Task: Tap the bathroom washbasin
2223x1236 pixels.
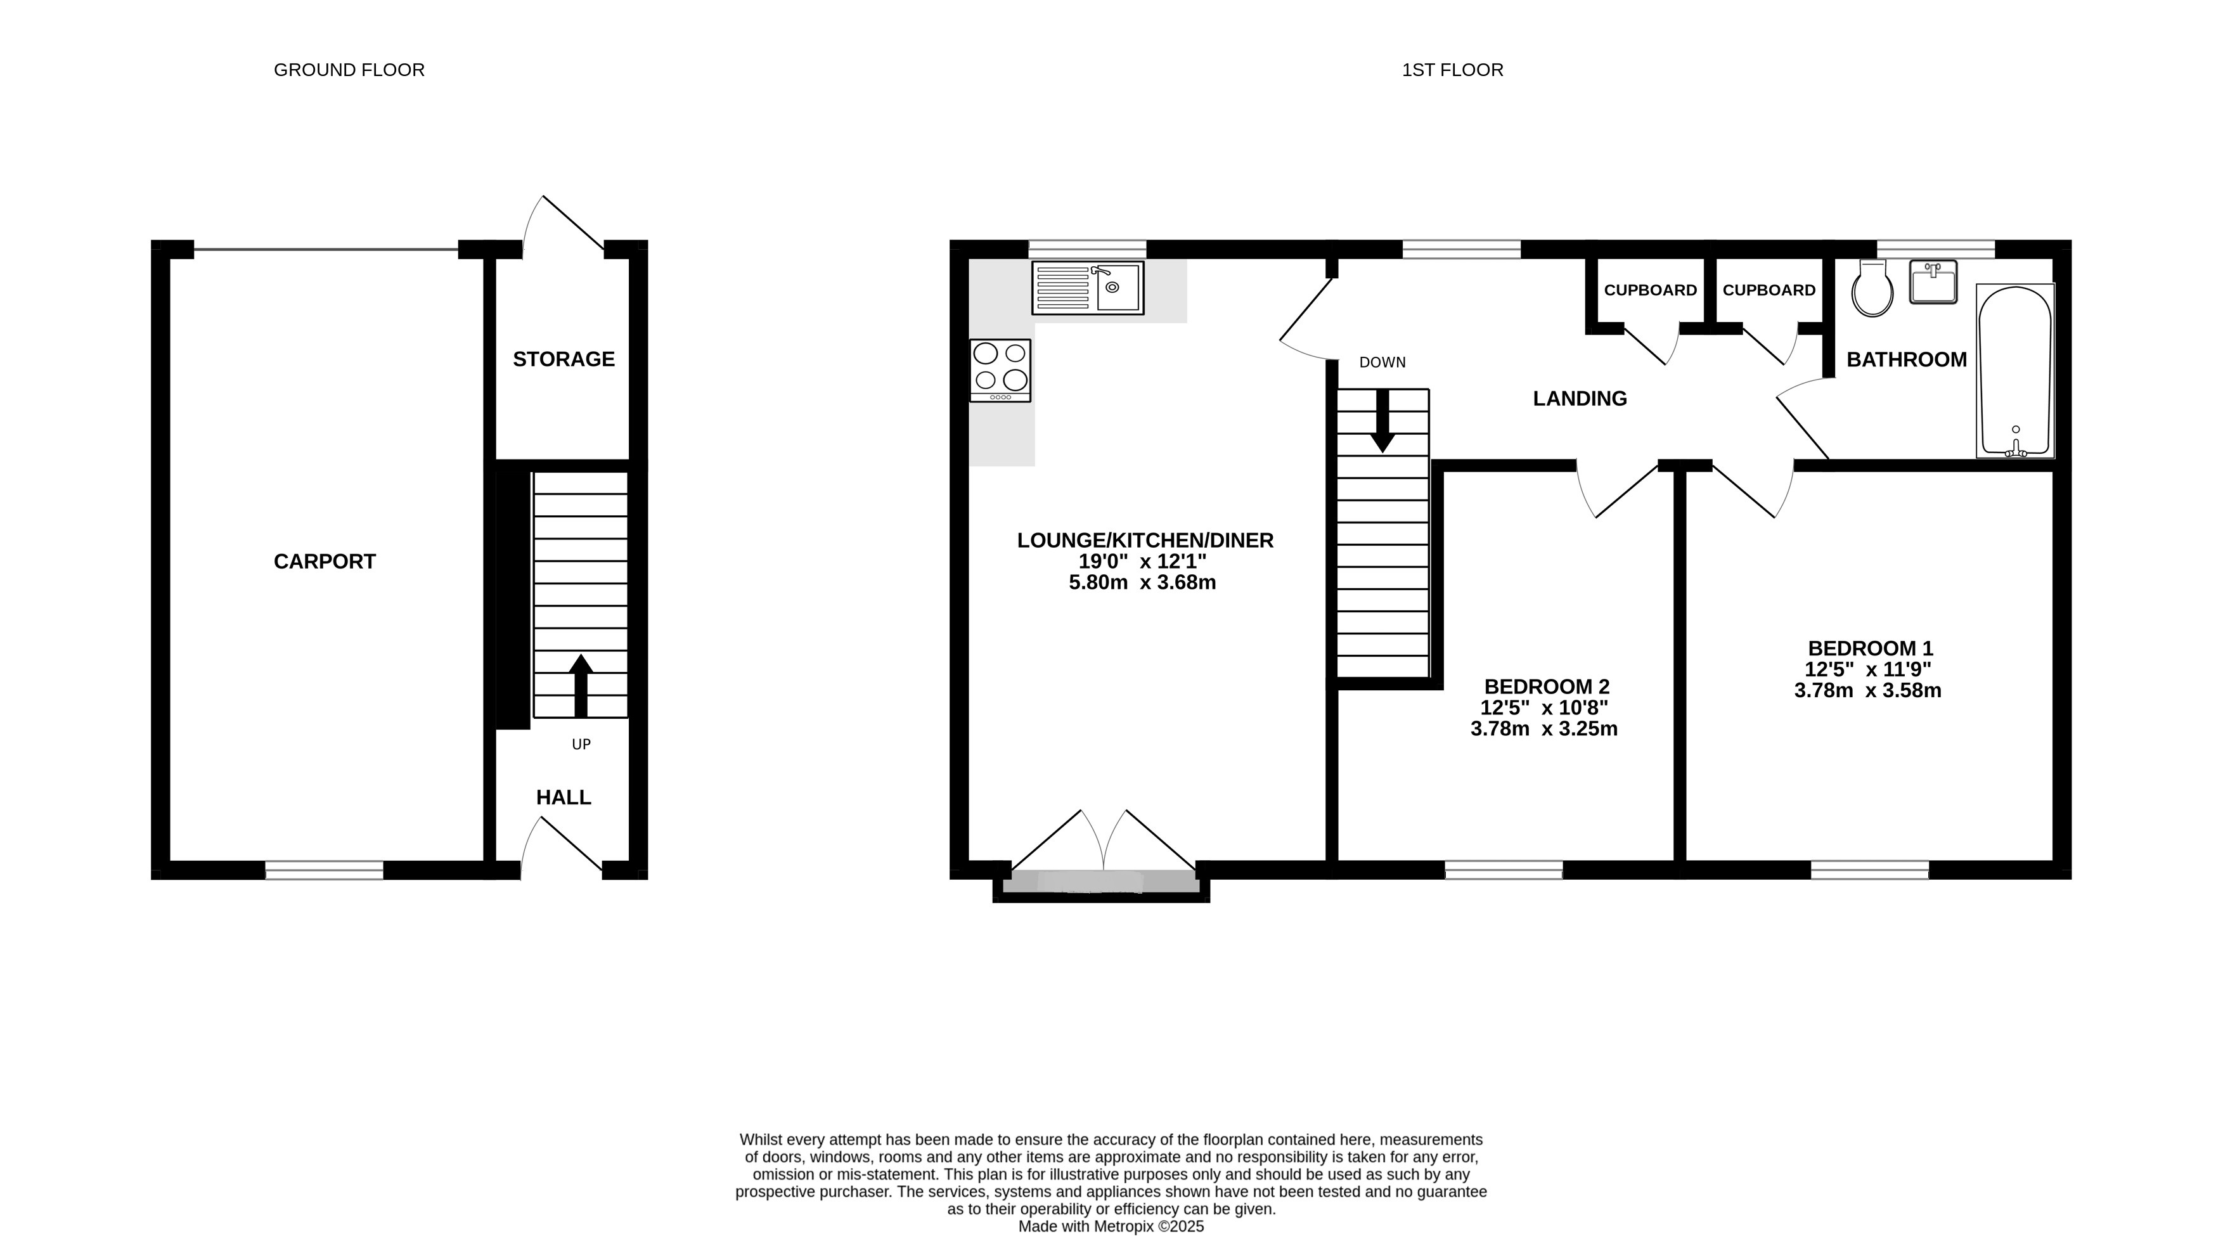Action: (x=1933, y=282)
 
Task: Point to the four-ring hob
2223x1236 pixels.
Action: (x=1000, y=370)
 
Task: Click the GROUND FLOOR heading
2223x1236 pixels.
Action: (x=349, y=70)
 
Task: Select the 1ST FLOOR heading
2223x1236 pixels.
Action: (x=1452, y=70)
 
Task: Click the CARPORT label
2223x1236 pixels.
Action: (x=325, y=562)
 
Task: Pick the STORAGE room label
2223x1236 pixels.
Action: (x=564, y=359)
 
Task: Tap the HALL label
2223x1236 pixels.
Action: (x=564, y=797)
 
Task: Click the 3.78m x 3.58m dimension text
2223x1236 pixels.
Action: (x=1867, y=690)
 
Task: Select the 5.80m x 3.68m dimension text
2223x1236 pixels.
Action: (x=1143, y=583)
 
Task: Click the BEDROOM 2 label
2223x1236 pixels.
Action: (x=1547, y=687)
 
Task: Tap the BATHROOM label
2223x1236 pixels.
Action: (x=1906, y=360)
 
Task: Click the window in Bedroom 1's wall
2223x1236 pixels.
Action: (x=1869, y=870)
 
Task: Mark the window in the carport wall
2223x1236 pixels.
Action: (x=324, y=870)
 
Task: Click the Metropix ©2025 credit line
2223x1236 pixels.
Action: (x=1112, y=1226)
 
